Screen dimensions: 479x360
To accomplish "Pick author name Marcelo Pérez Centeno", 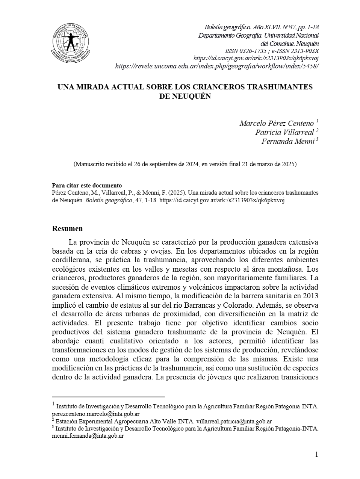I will point(277,123).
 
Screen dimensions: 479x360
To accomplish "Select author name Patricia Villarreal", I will point(284,132).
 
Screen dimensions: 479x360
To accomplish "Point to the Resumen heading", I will point(67,228).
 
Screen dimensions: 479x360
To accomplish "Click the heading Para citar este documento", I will point(87,186).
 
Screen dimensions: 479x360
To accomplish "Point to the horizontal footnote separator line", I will point(108,396).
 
